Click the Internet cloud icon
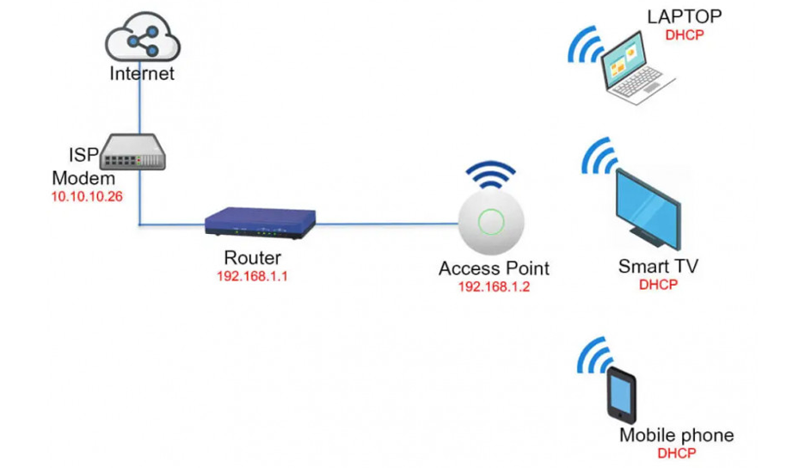pos(141,40)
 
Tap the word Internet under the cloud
pos(142,73)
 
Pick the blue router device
pos(261,223)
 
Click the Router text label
pos(252,257)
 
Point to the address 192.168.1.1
pos(252,276)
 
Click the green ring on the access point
pos(491,221)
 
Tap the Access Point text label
pos(494,268)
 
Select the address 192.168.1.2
pos(494,287)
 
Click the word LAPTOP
pos(685,16)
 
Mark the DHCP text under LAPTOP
pos(685,35)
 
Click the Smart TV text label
pos(658,266)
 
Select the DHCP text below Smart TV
pos(659,285)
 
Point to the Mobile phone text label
pos(677,434)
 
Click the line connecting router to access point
pos(387,224)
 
